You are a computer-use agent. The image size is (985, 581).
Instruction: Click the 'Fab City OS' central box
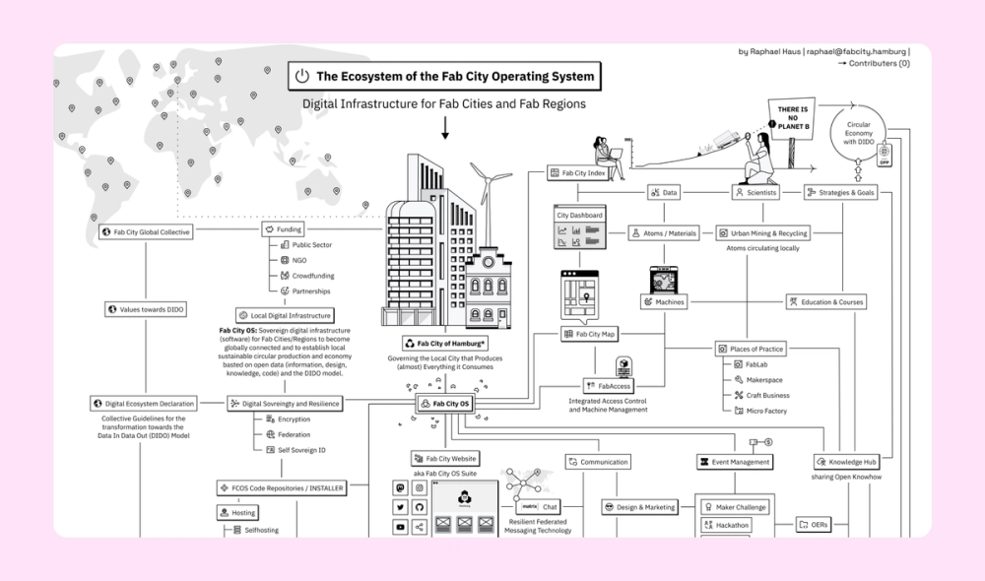[x=444, y=404]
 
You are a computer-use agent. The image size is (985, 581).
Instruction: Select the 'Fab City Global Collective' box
[x=146, y=232]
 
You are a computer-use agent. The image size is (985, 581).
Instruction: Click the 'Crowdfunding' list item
[x=312, y=276]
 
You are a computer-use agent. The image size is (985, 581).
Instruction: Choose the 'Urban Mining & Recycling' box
[x=762, y=233]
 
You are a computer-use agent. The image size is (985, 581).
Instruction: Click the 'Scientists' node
[x=756, y=193]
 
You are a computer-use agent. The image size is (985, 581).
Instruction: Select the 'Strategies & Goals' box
[x=840, y=193]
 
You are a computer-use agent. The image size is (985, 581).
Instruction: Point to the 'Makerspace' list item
[x=763, y=379]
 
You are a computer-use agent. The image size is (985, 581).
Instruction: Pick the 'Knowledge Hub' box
[x=846, y=462]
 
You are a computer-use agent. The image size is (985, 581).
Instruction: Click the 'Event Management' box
[x=734, y=461]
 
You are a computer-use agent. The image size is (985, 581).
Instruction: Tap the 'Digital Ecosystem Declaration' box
[x=143, y=403]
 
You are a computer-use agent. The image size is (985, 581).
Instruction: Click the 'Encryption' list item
[x=293, y=420]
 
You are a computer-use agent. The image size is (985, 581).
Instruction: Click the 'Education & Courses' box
[x=825, y=302]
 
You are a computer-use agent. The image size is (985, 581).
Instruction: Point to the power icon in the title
[x=302, y=76]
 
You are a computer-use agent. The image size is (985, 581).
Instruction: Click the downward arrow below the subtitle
[x=444, y=127]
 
